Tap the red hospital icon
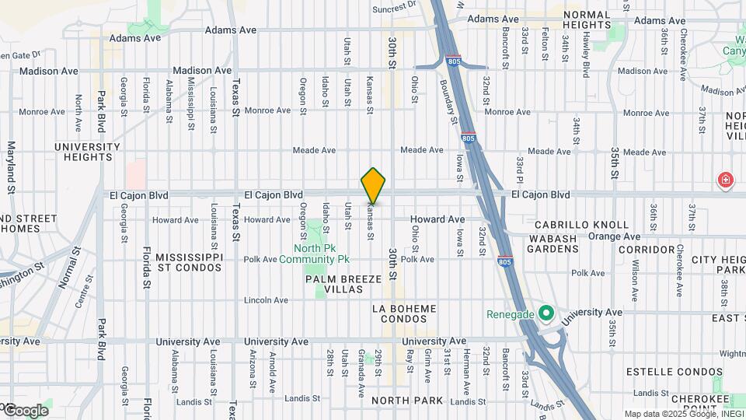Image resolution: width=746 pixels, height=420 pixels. (726, 180)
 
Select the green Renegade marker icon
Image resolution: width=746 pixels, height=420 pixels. (546, 314)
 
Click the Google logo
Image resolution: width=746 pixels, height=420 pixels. (25, 410)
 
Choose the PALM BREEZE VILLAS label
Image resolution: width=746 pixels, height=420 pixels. (343, 284)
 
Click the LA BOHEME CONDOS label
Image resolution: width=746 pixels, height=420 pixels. (404, 314)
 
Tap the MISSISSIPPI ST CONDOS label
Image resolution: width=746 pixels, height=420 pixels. (190, 262)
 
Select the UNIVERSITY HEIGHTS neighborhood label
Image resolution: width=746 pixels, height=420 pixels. (88, 152)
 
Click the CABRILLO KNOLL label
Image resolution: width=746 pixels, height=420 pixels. (581, 225)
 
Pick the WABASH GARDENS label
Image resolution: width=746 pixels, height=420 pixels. (553, 243)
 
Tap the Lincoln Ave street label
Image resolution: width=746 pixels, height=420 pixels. (267, 300)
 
